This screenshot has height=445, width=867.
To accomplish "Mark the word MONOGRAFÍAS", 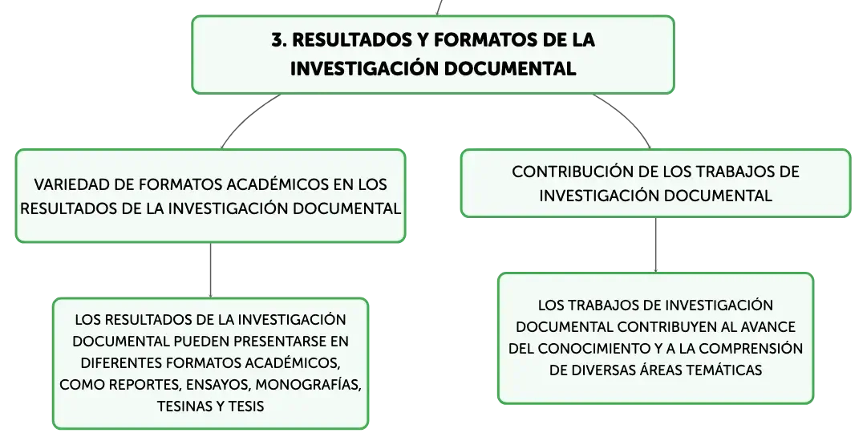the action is coord(308,385).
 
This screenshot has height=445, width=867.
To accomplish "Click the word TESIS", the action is coord(245,407).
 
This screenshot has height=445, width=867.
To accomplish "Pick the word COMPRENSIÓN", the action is coord(755,348).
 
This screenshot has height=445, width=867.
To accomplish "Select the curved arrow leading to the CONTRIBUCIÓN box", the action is coord(626,117).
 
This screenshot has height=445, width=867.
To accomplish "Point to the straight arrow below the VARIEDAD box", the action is coord(211,270).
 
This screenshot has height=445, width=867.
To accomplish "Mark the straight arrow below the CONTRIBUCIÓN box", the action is coord(656,245).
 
